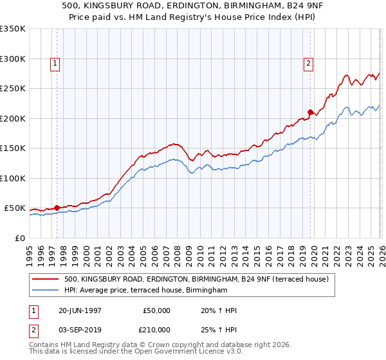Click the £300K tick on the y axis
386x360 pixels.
[13, 59]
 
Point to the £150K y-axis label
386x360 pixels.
[13, 148]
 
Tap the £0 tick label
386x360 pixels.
[19, 238]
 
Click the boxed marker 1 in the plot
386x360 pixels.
[56, 63]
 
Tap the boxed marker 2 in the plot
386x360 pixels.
[309, 63]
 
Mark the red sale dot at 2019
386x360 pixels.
[310, 112]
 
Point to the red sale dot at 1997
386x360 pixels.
[57, 208]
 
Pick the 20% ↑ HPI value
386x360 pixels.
[219, 310]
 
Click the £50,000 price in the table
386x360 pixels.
[156, 310]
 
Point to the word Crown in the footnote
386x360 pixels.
[158, 345]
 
